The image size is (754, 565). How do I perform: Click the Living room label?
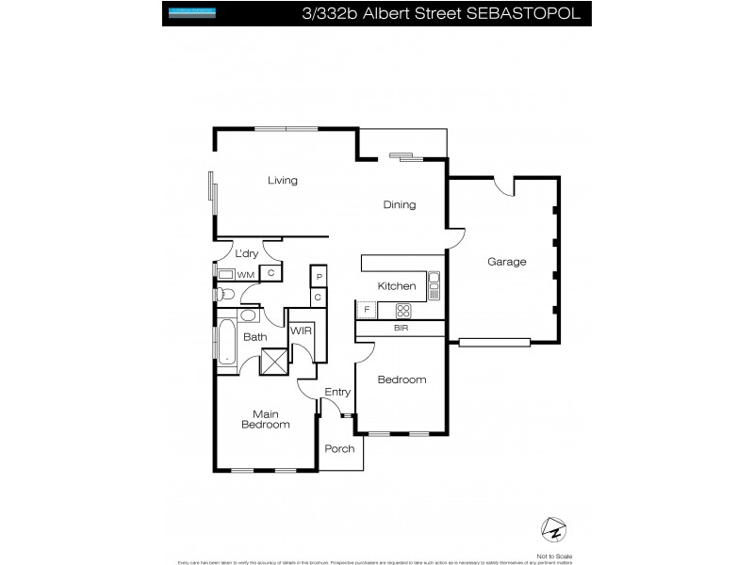282,181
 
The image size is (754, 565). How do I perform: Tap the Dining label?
399,205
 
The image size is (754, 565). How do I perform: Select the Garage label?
506,262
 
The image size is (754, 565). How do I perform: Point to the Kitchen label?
397,286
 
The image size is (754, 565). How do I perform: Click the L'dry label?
246,253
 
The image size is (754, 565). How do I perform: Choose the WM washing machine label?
245,274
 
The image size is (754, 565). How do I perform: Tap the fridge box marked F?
365,310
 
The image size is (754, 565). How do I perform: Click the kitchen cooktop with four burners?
403,309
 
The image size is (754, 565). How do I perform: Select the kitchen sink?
434,284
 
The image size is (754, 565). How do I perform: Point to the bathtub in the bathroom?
227,342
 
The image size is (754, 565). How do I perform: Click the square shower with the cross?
273,363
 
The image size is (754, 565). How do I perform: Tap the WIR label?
301,331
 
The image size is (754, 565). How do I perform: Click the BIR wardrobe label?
401,329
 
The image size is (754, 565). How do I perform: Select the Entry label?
337,392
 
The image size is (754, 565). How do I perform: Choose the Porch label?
339,448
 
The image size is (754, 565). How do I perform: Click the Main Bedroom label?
265,418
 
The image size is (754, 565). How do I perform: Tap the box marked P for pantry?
319,277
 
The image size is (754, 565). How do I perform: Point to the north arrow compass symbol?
552,528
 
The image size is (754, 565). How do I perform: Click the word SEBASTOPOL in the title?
524,14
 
